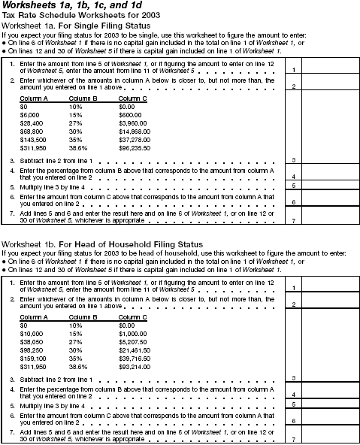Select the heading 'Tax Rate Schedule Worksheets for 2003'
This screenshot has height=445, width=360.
73,16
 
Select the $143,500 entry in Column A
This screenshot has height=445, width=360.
32,141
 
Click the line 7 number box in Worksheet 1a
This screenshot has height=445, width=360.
295,219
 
